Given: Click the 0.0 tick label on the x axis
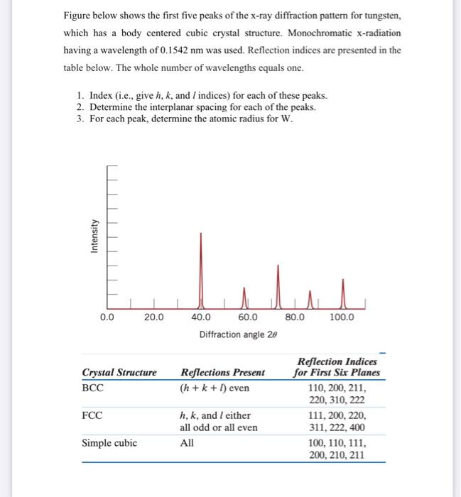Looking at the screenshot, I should pos(107,317).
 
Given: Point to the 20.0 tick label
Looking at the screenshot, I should pos(153,317).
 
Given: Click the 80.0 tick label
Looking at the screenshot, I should pos(294,317).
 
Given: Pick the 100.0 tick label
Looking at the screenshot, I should pos(342,317).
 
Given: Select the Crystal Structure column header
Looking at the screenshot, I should pos(119,372).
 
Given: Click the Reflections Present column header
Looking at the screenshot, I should pos(223,372).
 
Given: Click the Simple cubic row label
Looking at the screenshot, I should pos(109,443).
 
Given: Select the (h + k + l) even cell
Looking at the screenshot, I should pos(215,388).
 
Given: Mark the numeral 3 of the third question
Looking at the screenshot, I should pos(81,118).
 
